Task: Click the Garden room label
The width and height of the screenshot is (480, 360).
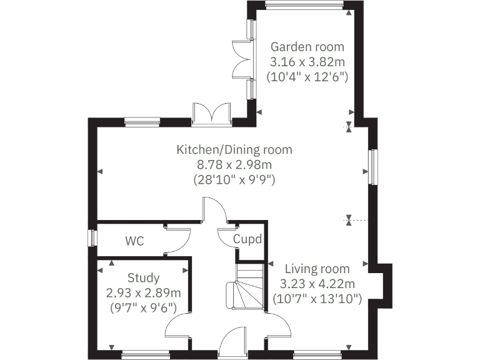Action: (307, 47)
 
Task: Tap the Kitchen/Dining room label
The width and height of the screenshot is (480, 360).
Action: (234, 150)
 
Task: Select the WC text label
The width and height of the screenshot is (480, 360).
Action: (135, 241)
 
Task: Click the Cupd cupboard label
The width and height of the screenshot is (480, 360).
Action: (247, 239)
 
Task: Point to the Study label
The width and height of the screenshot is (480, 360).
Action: (143, 278)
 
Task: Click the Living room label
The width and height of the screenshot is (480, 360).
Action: (317, 269)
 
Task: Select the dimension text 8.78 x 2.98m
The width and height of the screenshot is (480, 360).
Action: (234, 165)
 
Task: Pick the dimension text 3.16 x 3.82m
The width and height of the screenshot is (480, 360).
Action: (307, 62)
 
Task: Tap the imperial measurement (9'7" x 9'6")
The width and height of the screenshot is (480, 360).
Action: (143, 307)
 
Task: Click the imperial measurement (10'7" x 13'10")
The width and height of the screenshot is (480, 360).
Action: (317, 299)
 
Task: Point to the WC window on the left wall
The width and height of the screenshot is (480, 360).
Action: (92, 239)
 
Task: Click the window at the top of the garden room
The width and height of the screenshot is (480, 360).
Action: (304, 6)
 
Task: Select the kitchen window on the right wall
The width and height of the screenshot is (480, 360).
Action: (372, 167)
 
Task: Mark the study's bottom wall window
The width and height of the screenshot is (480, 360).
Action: (146, 355)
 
